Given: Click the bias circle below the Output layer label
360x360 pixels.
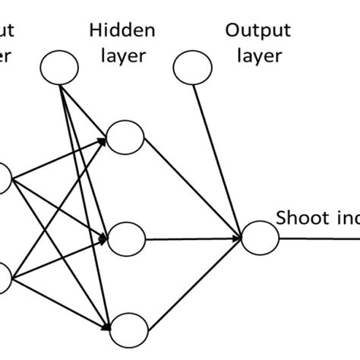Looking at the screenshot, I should point(193,68).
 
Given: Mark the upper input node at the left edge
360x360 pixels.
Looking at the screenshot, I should point(2,179).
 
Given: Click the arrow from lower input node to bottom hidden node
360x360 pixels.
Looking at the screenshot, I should point(61,304).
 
